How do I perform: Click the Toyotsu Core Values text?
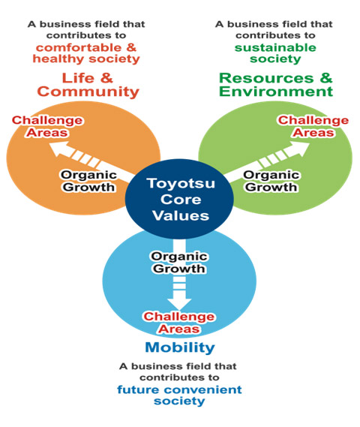pyautogui.click(x=181, y=200)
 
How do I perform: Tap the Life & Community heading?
pyautogui.click(x=88, y=85)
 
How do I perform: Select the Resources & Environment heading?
pyautogui.click(x=276, y=85)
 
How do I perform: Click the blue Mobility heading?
pyautogui.click(x=180, y=347)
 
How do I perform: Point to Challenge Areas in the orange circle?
pyautogui.click(x=47, y=127)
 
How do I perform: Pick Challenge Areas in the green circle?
pyautogui.click(x=313, y=127)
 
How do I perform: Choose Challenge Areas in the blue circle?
pyautogui.click(x=179, y=323)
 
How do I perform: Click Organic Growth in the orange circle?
pyautogui.click(x=88, y=181)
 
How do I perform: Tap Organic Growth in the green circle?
pyautogui.click(x=271, y=181)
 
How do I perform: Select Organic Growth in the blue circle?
pyautogui.click(x=179, y=263)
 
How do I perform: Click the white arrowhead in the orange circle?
pyautogui.click(x=58, y=149)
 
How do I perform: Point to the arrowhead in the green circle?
pyautogui.click(x=300, y=149)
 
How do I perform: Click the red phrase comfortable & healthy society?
pyautogui.click(x=86, y=53)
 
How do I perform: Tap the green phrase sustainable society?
pyautogui.click(x=275, y=53)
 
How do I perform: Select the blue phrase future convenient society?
pyautogui.click(x=179, y=395)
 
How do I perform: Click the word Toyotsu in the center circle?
pyautogui.click(x=181, y=184)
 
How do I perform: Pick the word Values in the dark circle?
pyautogui.click(x=181, y=215)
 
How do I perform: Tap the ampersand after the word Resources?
pyautogui.click(x=326, y=78)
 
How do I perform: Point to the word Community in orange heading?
pyautogui.click(x=88, y=92)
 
